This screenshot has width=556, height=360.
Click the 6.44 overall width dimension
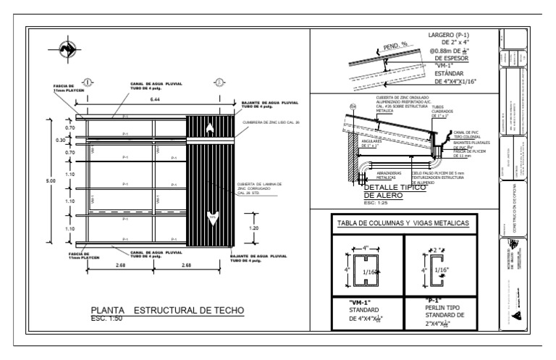click(x=155, y=99)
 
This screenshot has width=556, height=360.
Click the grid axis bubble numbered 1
click(x=88, y=81)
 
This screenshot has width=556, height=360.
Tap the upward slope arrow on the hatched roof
click(x=210, y=130)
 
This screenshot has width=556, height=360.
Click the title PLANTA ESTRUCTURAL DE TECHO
click(x=164, y=310)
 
